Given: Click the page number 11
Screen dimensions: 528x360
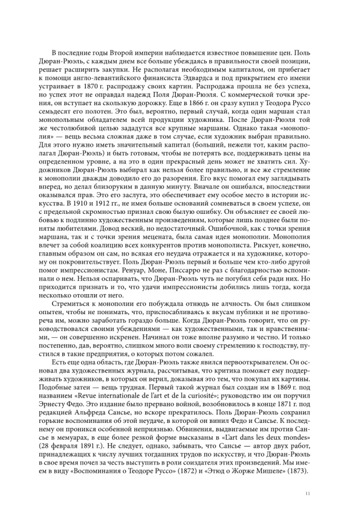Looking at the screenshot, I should pos(307,494).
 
